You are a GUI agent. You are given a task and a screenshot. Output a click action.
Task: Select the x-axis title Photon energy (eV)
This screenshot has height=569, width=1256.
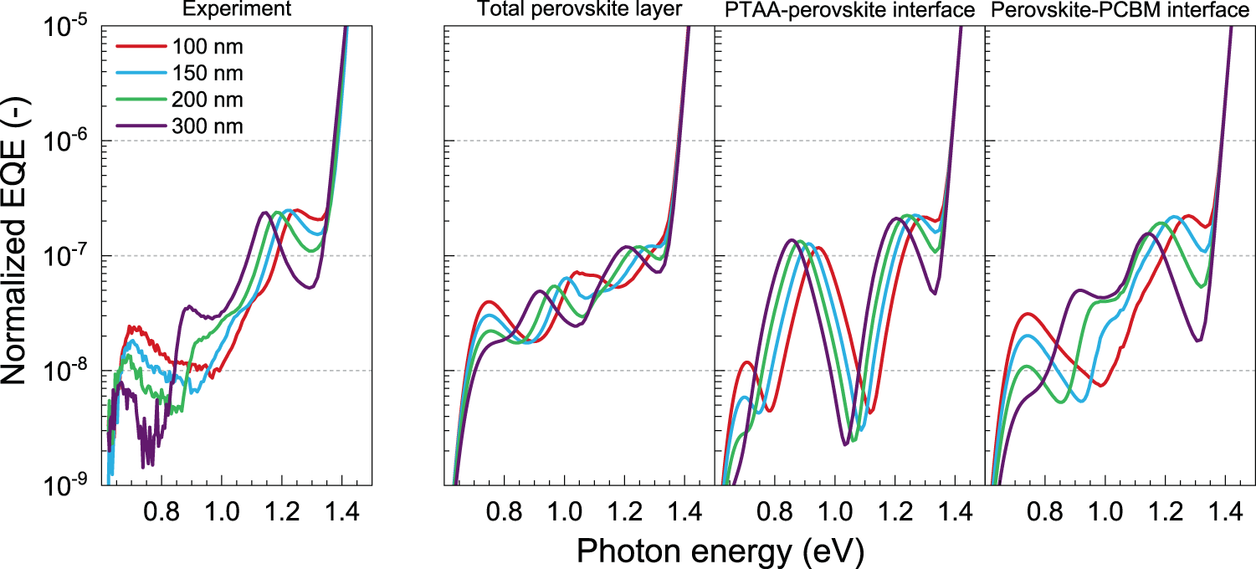(720, 550)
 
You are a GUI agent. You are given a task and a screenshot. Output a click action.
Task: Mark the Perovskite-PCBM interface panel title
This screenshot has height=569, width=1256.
(1120, 10)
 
